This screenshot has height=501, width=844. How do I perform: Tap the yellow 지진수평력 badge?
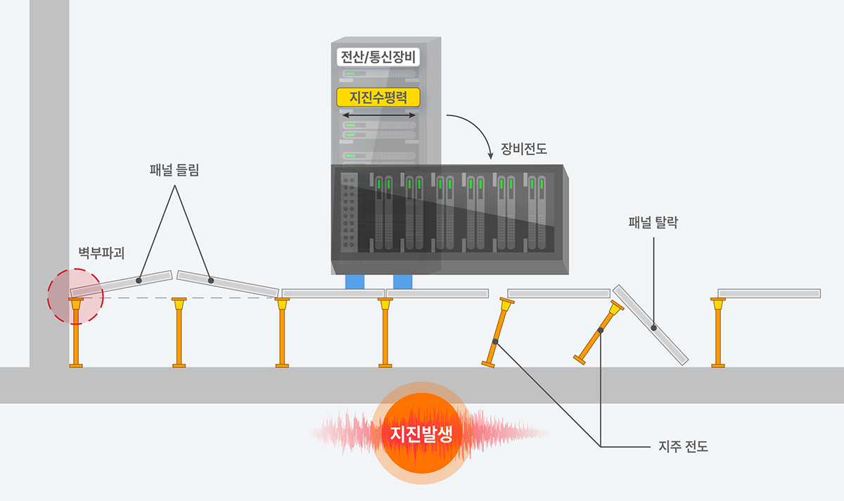coord(378,96)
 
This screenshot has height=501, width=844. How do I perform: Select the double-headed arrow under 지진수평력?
coord(379,115)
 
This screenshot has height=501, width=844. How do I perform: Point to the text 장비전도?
coord(523,149)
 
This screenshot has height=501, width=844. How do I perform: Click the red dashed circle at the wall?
coord(76,296)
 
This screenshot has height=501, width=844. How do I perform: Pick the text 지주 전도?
coord(683,446)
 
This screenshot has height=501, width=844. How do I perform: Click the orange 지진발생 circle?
coord(421,433)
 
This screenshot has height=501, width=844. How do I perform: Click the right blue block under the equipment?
coord(402,281)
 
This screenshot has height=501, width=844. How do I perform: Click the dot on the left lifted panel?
coord(139,280)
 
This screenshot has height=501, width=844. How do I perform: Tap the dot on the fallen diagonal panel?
coord(654,327)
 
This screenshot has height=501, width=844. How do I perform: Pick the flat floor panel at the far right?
coord(769,293)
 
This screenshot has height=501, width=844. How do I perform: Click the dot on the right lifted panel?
coord(211,280)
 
